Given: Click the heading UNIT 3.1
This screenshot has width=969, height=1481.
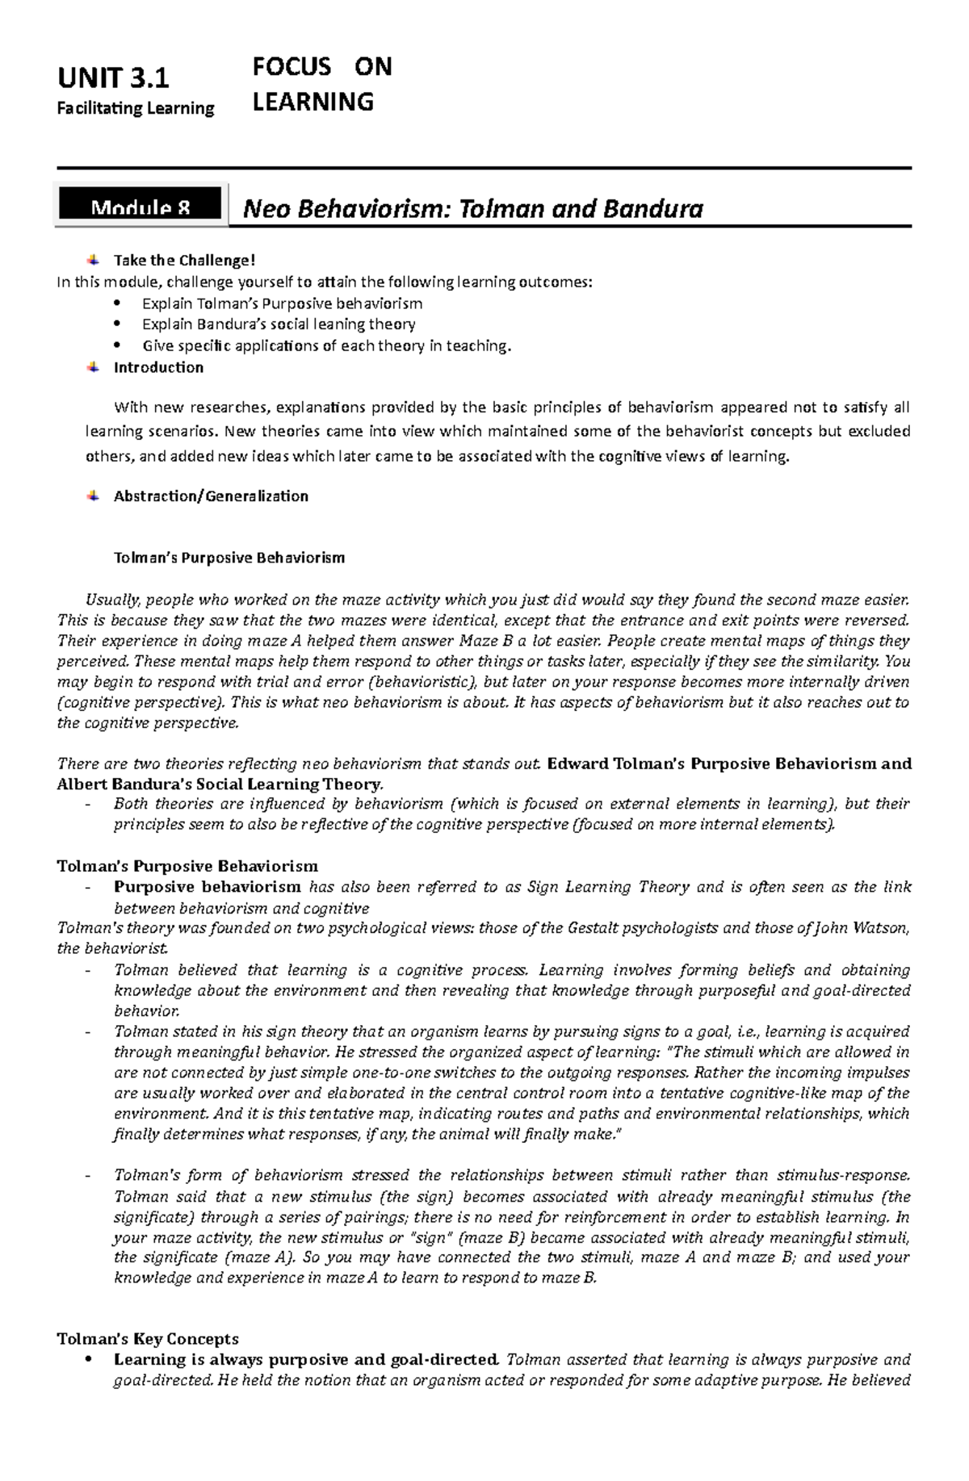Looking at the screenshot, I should point(113,79).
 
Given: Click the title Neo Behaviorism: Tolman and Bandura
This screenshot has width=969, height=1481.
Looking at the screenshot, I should point(473,210).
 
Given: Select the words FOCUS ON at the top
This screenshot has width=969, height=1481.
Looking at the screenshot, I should point(321,67).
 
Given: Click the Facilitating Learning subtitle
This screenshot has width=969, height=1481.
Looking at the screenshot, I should point(136,108).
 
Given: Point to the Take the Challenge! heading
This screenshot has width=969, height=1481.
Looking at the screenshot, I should point(184,260).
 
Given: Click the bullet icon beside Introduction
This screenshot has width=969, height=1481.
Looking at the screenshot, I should point(94,366).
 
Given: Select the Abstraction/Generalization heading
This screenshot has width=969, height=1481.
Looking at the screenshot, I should point(211,496).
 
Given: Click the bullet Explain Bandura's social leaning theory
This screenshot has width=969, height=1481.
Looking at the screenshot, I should point(279,324).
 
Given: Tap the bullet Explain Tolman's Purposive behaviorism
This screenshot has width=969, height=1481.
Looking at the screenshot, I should point(282,303).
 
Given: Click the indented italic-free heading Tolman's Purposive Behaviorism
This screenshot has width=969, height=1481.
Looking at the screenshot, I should point(229,558).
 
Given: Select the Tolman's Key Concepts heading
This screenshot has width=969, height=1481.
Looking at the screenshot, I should point(148,1339).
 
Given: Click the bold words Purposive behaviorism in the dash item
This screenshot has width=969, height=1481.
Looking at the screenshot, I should point(208,887).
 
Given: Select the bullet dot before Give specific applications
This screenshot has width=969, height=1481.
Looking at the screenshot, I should point(118,345).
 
